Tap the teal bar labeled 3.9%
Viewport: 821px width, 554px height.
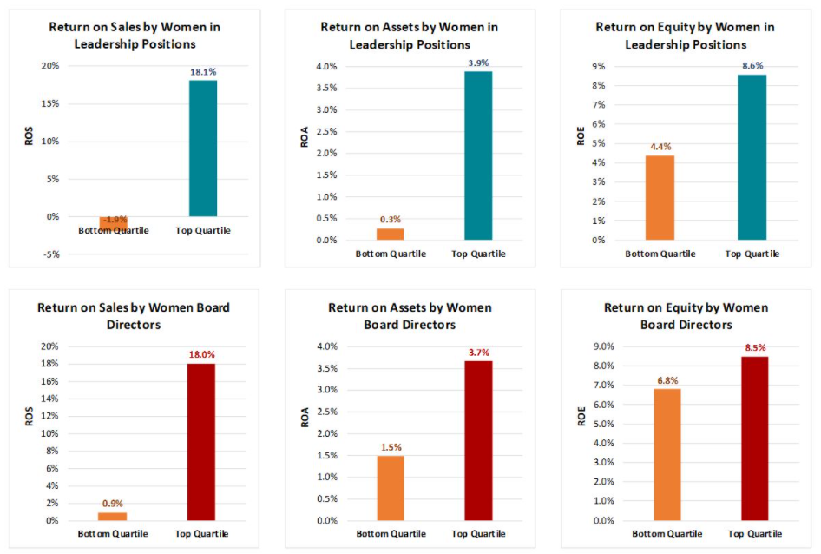477,155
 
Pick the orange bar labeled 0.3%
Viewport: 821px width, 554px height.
390,234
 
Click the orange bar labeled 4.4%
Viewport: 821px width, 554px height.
660,197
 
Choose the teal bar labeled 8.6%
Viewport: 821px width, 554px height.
752,157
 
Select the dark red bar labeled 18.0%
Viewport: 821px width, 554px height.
200,442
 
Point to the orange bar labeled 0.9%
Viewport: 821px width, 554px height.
113,516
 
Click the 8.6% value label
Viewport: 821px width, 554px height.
752,64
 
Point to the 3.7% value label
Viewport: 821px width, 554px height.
479,352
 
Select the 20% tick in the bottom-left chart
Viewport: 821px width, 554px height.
49,346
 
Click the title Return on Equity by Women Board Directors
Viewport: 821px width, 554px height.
686,316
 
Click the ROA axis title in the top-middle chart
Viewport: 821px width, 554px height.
305,138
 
